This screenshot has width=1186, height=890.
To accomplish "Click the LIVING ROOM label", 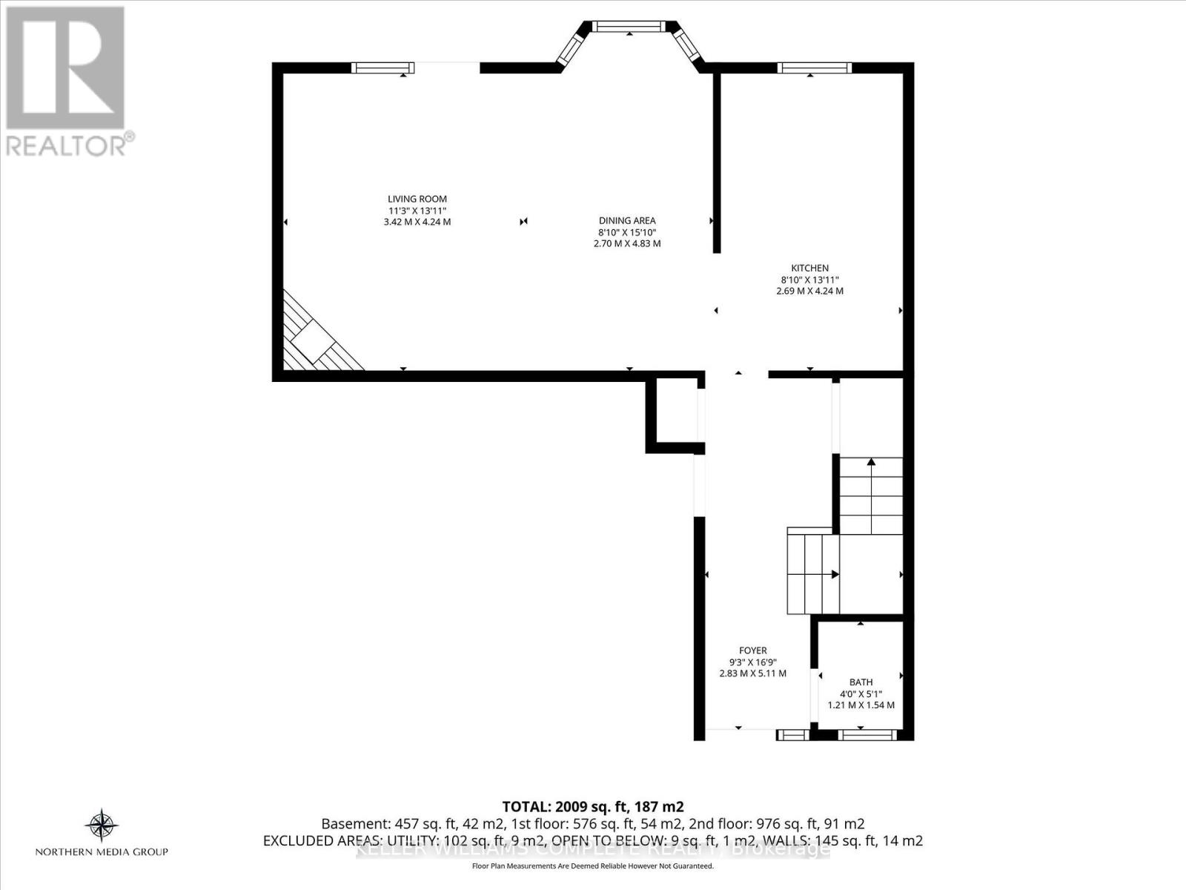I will tap(417, 199).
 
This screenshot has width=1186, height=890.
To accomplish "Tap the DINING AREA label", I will tap(627, 220).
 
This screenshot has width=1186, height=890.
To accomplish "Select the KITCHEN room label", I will tap(809, 268).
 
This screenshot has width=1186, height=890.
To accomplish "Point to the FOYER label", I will tap(752, 650).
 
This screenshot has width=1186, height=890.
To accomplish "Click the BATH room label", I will tap(861, 682).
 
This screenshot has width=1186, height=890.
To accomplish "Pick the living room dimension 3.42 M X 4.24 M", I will tap(417, 222).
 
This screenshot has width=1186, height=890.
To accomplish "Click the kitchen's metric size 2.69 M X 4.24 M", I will tap(809, 291).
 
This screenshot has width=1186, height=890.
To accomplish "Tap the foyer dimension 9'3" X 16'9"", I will tap(752, 662).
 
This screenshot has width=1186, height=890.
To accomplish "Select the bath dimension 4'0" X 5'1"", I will tap(861, 693).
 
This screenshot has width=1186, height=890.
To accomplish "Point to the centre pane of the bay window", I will tap(629, 27).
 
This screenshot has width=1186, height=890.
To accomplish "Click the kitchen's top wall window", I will tap(814, 68).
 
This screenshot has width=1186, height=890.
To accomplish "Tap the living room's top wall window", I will tap(382, 68).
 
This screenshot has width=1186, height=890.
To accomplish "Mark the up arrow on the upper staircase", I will tap(871, 463).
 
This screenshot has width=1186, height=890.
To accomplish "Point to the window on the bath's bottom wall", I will tap(861, 735).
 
